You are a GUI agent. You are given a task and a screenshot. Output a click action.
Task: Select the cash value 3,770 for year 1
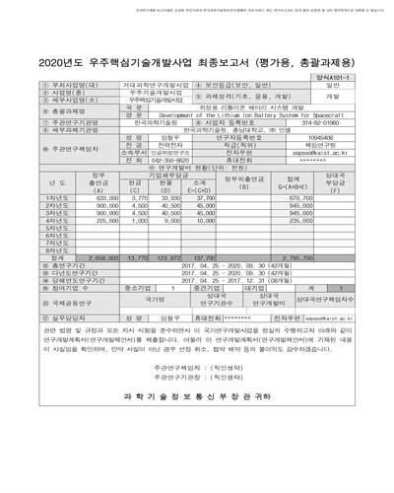pos(139,197)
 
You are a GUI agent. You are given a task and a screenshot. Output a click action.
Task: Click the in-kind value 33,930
pos(170,197)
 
